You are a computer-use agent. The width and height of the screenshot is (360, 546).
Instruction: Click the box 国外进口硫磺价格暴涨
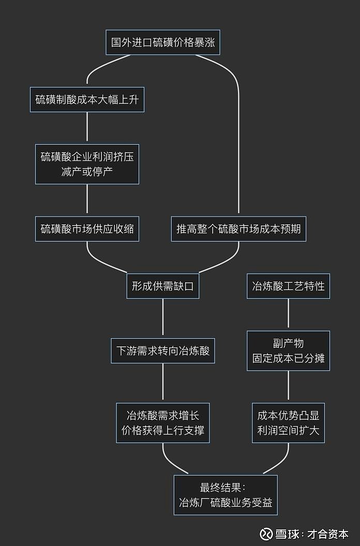[x=163, y=42]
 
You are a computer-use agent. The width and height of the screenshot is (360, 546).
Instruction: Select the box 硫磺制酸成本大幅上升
[x=87, y=100]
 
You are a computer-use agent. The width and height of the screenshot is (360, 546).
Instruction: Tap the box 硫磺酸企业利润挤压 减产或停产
[x=87, y=164]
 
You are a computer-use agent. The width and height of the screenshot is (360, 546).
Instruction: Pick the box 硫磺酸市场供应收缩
[x=87, y=229]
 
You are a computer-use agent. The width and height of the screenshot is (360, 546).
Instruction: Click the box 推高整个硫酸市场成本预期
[x=238, y=229]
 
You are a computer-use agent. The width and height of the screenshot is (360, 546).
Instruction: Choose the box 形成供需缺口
[x=163, y=286]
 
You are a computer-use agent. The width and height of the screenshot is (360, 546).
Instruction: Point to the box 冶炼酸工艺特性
[x=288, y=286]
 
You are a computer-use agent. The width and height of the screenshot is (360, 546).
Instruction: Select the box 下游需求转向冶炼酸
[x=163, y=351]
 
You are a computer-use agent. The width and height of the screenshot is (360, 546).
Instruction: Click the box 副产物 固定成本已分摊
[x=288, y=351]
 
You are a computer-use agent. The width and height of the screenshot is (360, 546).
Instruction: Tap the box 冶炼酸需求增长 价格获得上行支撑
[x=163, y=422]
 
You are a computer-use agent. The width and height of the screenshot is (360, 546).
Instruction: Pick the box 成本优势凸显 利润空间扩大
[x=288, y=422]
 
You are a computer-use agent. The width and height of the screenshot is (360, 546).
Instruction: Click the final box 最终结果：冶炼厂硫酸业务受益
[x=226, y=495]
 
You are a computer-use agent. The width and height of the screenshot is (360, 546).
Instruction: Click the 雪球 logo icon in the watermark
[x=266, y=534]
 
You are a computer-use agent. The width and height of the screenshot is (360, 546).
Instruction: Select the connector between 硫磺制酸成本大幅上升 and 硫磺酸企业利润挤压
[x=87, y=126]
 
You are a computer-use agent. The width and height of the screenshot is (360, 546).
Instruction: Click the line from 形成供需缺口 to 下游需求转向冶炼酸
[x=163, y=318]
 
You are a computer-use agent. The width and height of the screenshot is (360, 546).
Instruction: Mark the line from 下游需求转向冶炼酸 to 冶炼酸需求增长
[x=163, y=383]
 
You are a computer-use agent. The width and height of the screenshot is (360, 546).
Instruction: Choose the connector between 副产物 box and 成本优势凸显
[x=288, y=387]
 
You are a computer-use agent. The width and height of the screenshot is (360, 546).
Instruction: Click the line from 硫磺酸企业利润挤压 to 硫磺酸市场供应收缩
[x=87, y=200]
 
